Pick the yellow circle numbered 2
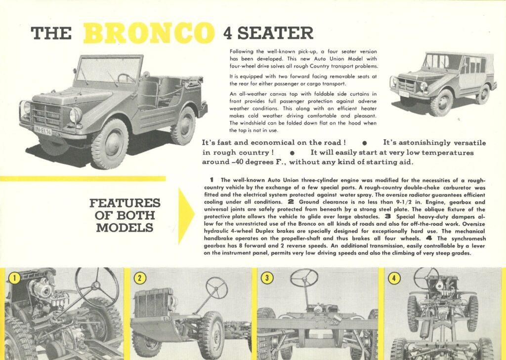[x=140, y=278]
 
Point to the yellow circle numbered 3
[x=267, y=278]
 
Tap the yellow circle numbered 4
[x=394, y=278]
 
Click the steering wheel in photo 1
[x=97, y=287]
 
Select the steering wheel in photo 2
[x=216, y=287]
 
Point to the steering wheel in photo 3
[x=304, y=278]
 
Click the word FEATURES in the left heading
[x=125, y=203]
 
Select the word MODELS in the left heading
[x=125, y=228]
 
